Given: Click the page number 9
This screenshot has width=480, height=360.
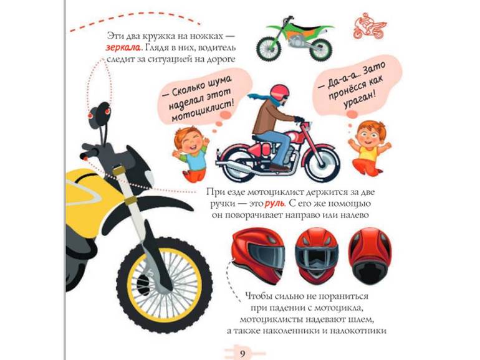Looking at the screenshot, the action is [242, 354].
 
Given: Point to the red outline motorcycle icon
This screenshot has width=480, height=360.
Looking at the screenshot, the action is [370, 26].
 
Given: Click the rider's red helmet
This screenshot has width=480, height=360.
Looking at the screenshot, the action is [280, 92].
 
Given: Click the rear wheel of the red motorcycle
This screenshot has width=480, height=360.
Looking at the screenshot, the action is [239, 164].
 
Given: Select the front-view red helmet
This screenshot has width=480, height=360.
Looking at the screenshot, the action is [317, 255].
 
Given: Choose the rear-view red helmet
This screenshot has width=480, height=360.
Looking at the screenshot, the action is [370, 255].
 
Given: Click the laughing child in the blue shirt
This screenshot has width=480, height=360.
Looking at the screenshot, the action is [190, 153].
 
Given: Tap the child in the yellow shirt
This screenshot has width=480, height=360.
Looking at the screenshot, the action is [367, 148].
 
